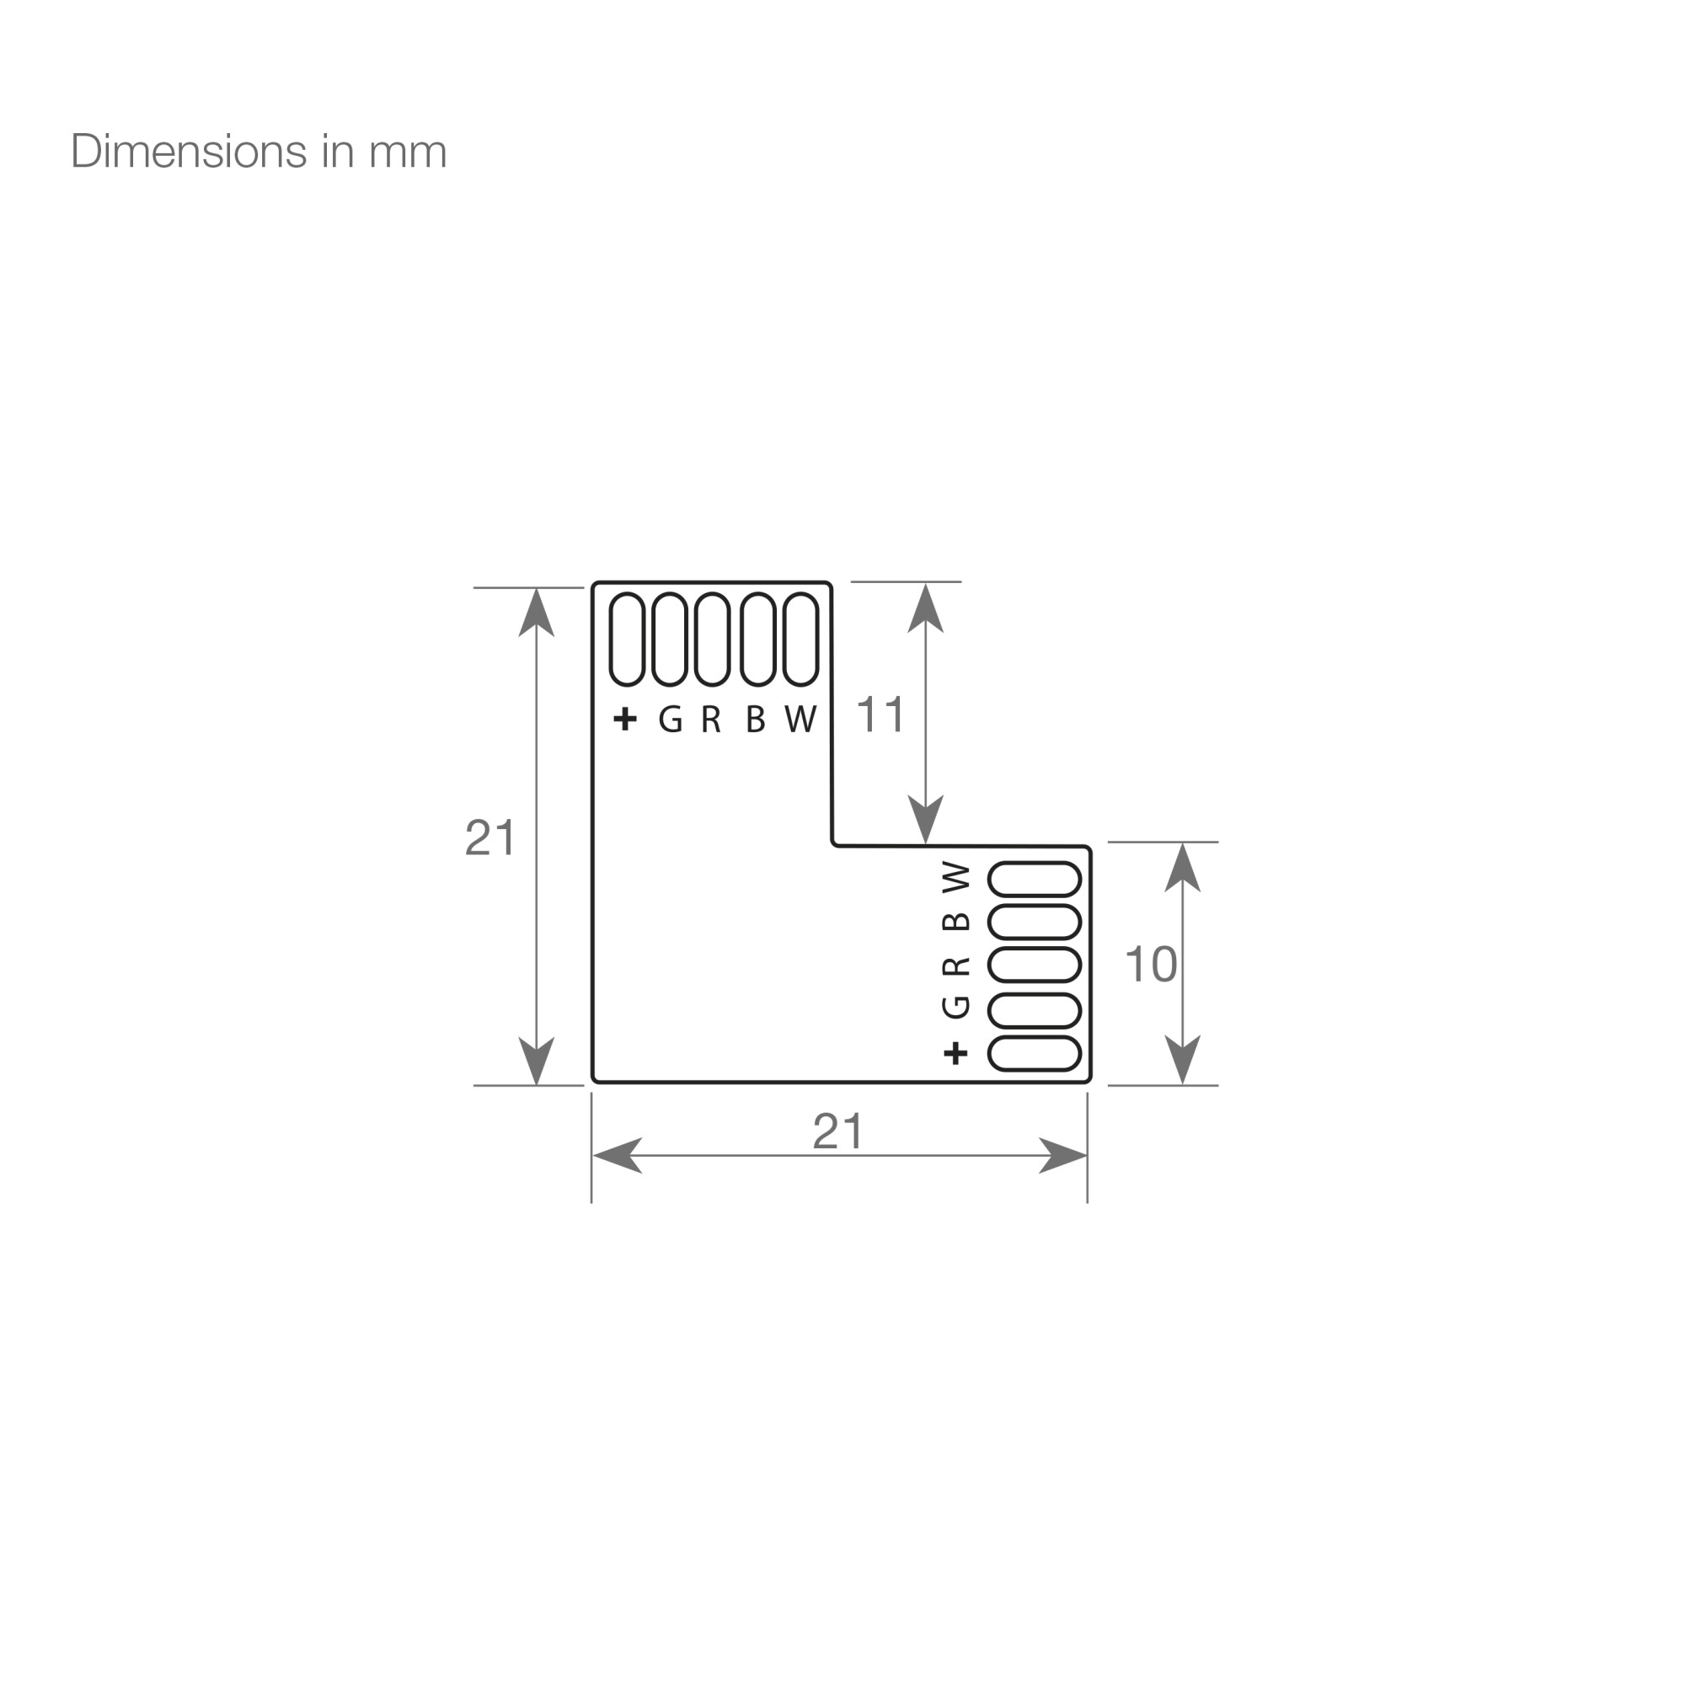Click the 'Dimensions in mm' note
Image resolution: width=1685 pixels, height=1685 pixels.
point(258,152)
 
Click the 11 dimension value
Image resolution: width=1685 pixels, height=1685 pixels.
point(880,714)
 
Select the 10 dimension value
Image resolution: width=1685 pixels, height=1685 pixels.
point(1151,965)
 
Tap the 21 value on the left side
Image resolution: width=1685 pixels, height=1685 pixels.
point(491,838)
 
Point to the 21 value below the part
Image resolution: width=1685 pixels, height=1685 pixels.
point(837,1132)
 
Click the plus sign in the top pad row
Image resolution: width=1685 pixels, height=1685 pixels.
point(625,719)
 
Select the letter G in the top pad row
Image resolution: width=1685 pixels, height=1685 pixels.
point(670,719)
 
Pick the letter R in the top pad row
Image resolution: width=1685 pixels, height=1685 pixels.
point(711,719)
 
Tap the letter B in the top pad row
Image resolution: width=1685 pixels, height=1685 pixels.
point(755,719)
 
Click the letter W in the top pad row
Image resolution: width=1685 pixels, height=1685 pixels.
point(800,719)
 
